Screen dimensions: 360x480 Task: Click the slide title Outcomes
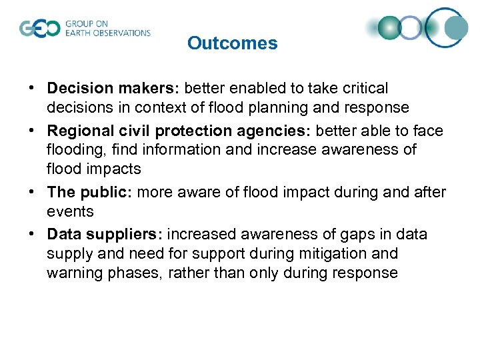point(232,43)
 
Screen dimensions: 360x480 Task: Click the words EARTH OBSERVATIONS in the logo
point(107,33)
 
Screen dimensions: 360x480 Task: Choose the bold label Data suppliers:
point(105,235)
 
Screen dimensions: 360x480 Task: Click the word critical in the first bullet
point(364,88)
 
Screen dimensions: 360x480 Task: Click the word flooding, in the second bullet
point(75,149)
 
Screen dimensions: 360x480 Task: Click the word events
point(70,211)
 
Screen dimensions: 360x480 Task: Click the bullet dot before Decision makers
point(32,89)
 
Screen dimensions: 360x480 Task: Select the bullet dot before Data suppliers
point(32,235)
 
